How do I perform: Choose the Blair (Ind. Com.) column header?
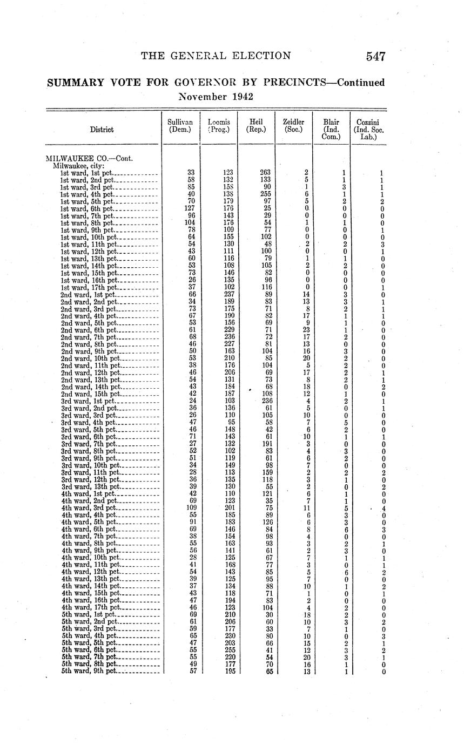pyautogui.click(x=331, y=130)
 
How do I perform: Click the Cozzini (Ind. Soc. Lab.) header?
pyautogui.click(x=368, y=130)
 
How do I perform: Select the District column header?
pyautogui.click(x=102, y=130)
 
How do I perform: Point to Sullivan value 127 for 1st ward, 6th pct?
pyautogui.click(x=189, y=208)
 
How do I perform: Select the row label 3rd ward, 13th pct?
pyautogui.click(x=91, y=486)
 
